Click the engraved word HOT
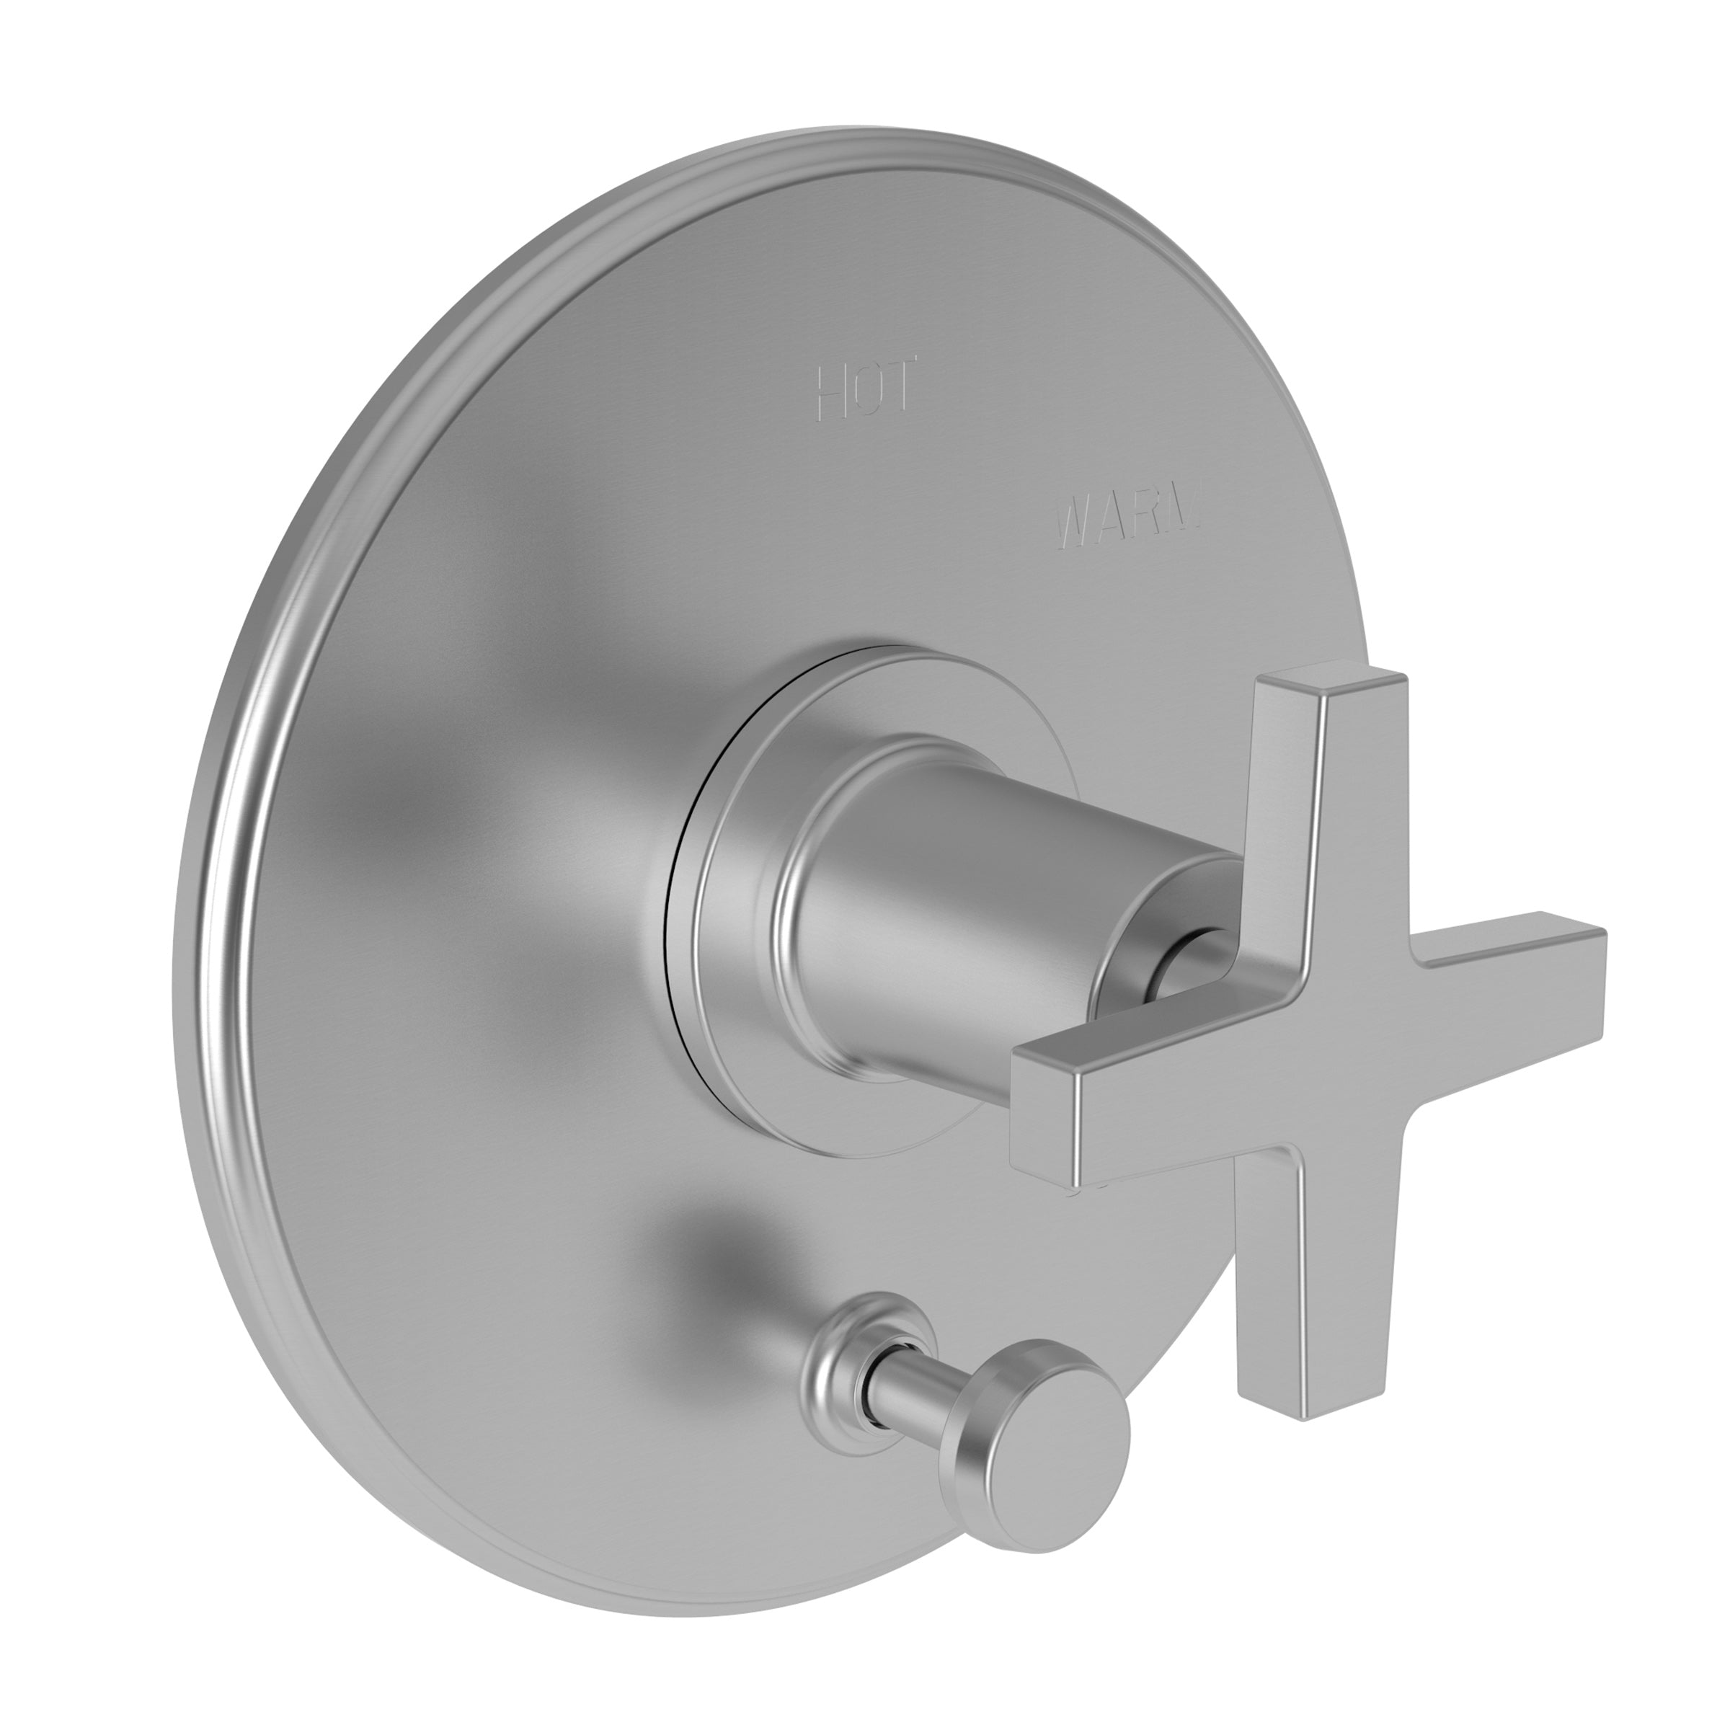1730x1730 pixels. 866,389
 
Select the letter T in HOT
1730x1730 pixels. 899,387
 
